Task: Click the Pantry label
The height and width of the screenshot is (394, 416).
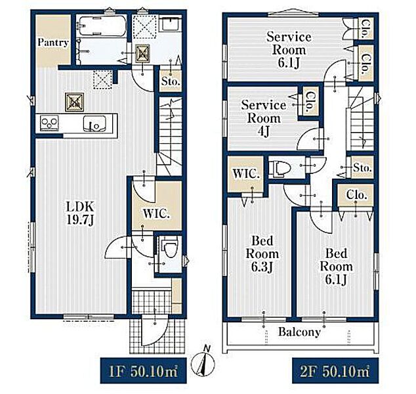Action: pyautogui.click(x=53, y=43)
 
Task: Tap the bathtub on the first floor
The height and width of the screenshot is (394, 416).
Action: pyautogui.click(x=102, y=26)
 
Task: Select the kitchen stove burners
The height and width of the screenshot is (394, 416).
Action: pyautogui.click(x=50, y=123)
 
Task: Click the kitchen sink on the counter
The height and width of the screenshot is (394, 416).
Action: pyautogui.click(x=94, y=123)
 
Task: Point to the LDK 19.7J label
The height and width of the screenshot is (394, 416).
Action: pyautogui.click(x=80, y=213)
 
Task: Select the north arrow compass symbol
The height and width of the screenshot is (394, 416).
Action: pyautogui.click(x=203, y=362)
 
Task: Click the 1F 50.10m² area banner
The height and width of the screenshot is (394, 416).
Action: pyautogui.click(x=143, y=371)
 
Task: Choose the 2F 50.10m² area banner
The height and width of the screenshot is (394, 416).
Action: pyautogui.click(x=335, y=371)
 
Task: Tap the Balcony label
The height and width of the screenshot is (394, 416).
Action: pyautogui.click(x=299, y=332)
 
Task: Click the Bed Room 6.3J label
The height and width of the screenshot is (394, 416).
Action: pyautogui.click(x=262, y=254)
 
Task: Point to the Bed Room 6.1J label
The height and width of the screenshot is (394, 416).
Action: pyautogui.click(x=337, y=267)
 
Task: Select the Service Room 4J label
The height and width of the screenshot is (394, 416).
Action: pyautogui.click(x=264, y=118)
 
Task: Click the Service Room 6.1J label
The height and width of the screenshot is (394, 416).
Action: pyautogui.click(x=289, y=50)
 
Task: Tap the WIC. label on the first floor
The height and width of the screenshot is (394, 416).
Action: pyautogui.click(x=156, y=214)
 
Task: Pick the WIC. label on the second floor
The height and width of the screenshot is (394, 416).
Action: pyautogui.click(x=246, y=174)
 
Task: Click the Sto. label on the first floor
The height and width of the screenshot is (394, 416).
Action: pyautogui.click(x=171, y=82)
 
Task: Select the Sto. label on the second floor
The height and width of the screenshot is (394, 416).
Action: pyautogui.click(x=362, y=168)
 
